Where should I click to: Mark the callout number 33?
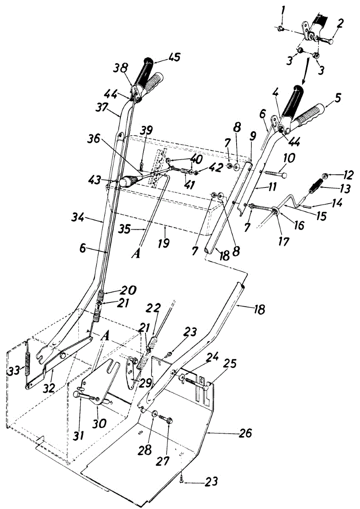tap(14, 371)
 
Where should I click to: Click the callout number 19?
tap(165, 243)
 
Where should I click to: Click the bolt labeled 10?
tap(276, 174)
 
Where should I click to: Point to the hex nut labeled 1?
tap(280, 28)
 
